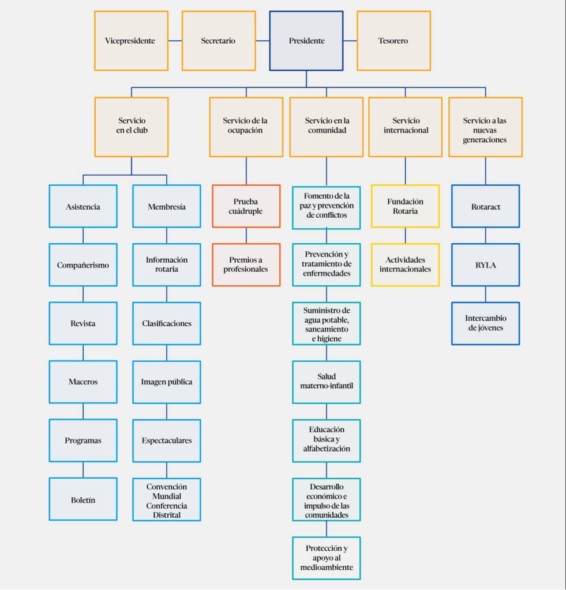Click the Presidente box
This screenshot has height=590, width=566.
[x=306, y=41]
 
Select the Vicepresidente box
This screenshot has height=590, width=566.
[x=131, y=41]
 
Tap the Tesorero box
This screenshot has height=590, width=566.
[x=394, y=41]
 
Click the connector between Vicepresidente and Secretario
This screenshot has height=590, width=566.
[x=175, y=41]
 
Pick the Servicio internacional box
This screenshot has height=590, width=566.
[x=406, y=127]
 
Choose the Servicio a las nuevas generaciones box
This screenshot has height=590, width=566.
[x=485, y=127]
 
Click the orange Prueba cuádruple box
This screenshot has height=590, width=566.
[x=246, y=206]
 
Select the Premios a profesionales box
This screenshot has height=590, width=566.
[x=246, y=265]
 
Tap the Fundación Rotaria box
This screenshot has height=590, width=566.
[x=406, y=206]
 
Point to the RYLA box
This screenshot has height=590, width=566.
[x=485, y=265]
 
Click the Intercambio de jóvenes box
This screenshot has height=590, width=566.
[x=485, y=324]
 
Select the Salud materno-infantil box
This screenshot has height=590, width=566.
[x=327, y=383]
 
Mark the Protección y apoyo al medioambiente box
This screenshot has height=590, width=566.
[x=327, y=558]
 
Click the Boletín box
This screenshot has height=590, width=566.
[x=83, y=500]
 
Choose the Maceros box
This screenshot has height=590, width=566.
[x=83, y=382]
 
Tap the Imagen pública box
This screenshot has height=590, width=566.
[x=167, y=383]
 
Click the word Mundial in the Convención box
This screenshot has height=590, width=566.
[x=167, y=496]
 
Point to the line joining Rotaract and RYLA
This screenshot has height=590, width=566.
[x=485, y=236]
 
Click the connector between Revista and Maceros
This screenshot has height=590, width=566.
[x=83, y=353]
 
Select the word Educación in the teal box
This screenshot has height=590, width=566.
[x=327, y=430]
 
